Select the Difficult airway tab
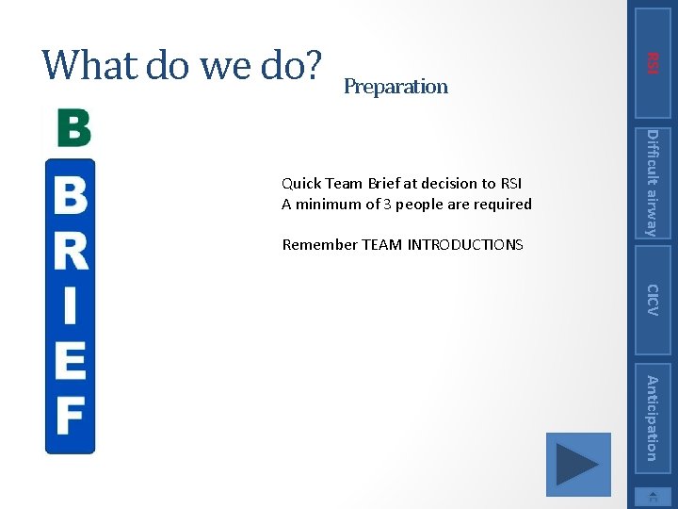tap(653, 182)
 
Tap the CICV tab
tap(653, 300)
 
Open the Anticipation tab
tap(653, 418)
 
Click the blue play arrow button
tap(578, 465)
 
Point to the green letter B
tap(74, 128)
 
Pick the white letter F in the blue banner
tap(71, 416)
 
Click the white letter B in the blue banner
tap(71, 195)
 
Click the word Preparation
tap(395, 87)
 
